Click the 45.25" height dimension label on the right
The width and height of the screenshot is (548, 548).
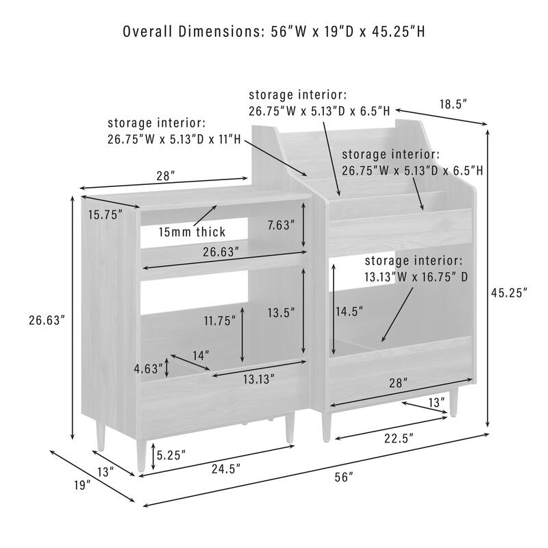pyautogui.click(x=509, y=293)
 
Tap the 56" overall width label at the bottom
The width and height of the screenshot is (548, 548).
pyautogui.click(x=344, y=477)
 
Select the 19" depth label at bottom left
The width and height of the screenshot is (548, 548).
pyautogui.click(x=82, y=485)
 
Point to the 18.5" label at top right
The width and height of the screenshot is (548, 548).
pyautogui.click(x=453, y=104)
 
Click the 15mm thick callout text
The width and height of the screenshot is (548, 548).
pyautogui.click(x=192, y=232)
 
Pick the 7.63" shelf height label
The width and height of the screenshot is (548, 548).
pyautogui.click(x=281, y=225)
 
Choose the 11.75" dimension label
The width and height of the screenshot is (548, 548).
pyautogui.click(x=220, y=321)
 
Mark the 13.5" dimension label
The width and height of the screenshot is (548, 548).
pyautogui.click(x=282, y=313)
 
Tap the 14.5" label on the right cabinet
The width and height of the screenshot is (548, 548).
pyautogui.click(x=349, y=311)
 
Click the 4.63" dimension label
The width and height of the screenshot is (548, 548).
pyautogui.click(x=149, y=369)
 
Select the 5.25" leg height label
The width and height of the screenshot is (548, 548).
pyautogui.click(x=171, y=455)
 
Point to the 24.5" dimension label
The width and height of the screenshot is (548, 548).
pyautogui.click(x=226, y=469)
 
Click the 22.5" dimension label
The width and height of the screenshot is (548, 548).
pyautogui.click(x=399, y=438)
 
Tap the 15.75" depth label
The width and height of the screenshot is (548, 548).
pyautogui.click(x=105, y=215)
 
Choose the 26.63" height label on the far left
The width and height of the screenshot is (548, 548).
pyautogui.click(x=47, y=321)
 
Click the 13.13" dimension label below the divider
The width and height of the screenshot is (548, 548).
pyautogui.click(x=259, y=379)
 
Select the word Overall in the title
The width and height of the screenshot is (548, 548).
pyautogui.click(x=148, y=32)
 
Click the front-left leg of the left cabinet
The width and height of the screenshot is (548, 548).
pyautogui.click(x=141, y=455)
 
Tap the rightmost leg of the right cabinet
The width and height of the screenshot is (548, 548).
pyautogui.click(x=453, y=401)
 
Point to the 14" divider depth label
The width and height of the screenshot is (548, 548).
pyautogui.click(x=201, y=356)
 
